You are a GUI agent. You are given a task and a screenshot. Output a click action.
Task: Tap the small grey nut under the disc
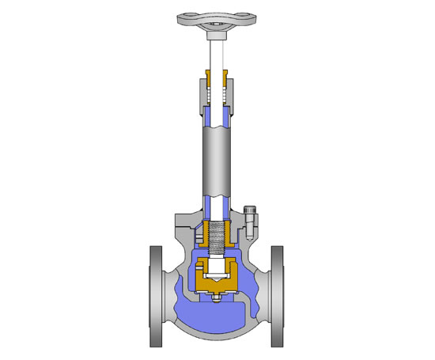click(x=217, y=299)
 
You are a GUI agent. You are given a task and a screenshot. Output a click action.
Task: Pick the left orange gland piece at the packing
click(x=207, y=81)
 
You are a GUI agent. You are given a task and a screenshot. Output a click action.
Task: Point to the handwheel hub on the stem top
click(x=217, y=33)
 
